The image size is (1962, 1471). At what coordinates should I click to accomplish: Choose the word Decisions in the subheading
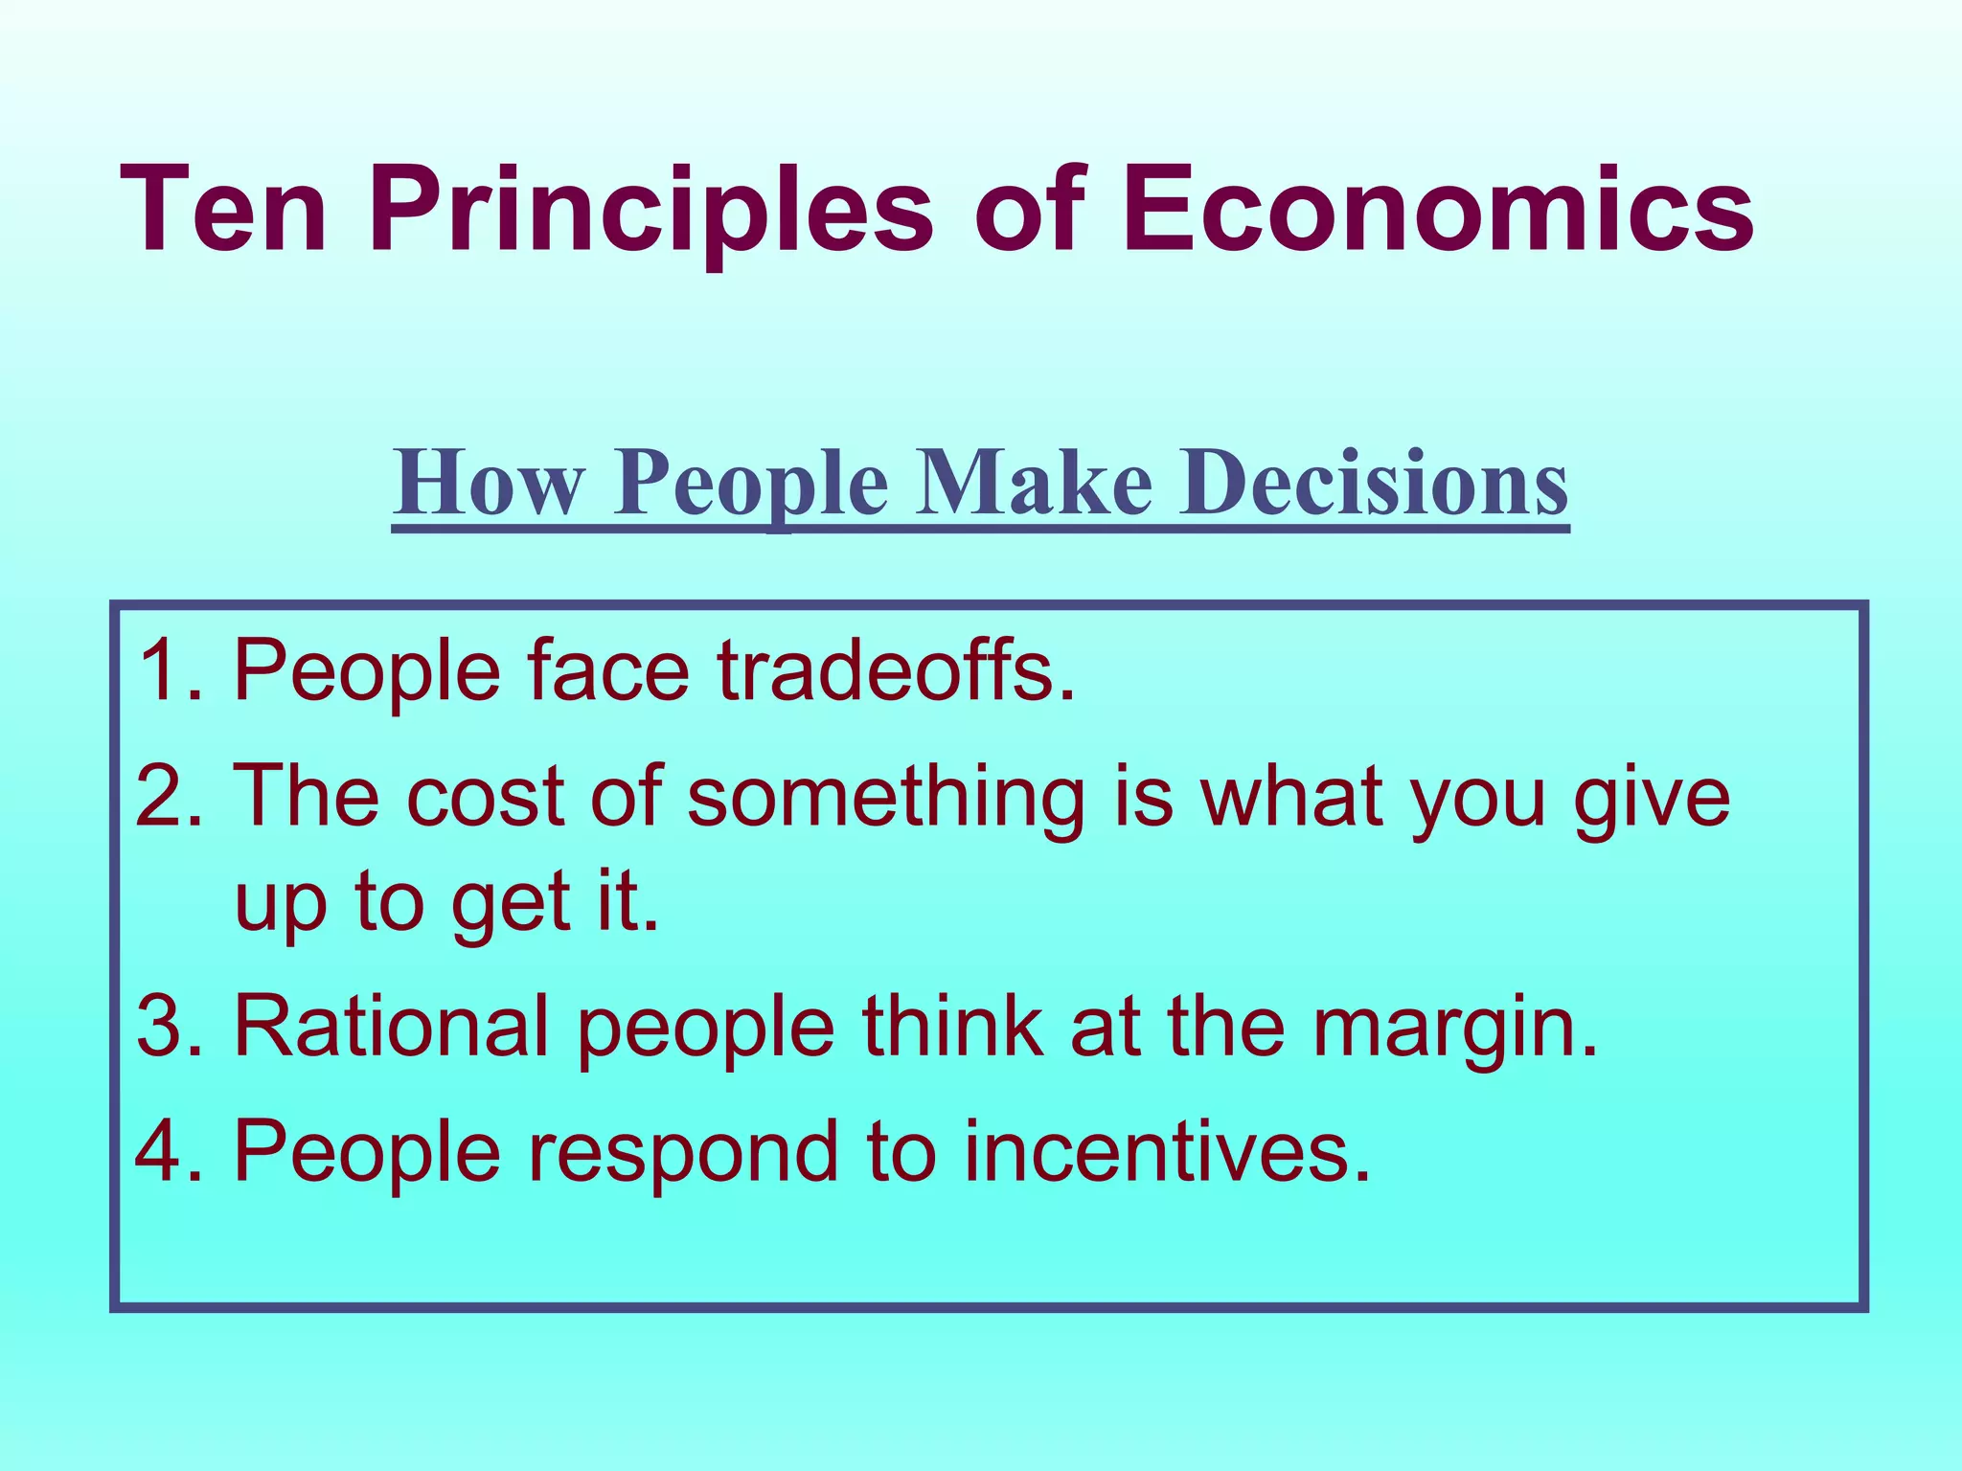coord(1374,484)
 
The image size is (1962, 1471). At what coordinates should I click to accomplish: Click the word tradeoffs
coord(896,670)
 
